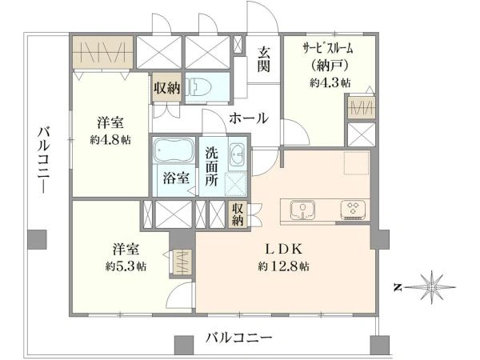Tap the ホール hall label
[249, 118]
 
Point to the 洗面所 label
[211, 166]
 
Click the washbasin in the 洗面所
[237, 156]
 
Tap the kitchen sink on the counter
[303, 210]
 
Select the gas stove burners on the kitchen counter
[352, 210]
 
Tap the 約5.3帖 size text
[124, 265]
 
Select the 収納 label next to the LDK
[238, 214]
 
